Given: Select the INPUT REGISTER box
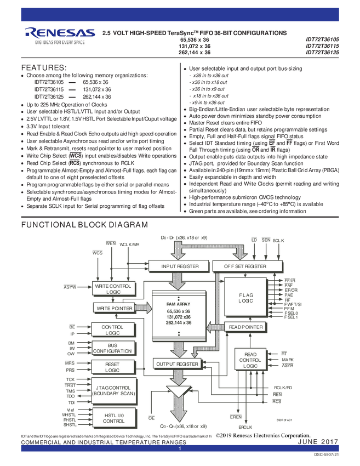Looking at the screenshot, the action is [176, 266].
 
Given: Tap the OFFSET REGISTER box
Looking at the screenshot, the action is [245, 266].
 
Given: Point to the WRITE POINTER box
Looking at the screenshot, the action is [114, 308].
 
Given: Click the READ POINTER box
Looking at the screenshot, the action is [245, 327].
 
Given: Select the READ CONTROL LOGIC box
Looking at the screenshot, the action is [250, 360].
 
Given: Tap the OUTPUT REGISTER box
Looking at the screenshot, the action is [176, 363].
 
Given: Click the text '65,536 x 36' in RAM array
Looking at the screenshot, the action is [179, 311].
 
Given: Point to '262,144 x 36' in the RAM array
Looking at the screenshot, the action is [179, 323].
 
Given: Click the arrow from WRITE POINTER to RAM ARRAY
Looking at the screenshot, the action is [143, 308].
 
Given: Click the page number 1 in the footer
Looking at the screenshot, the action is [179, 448].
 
